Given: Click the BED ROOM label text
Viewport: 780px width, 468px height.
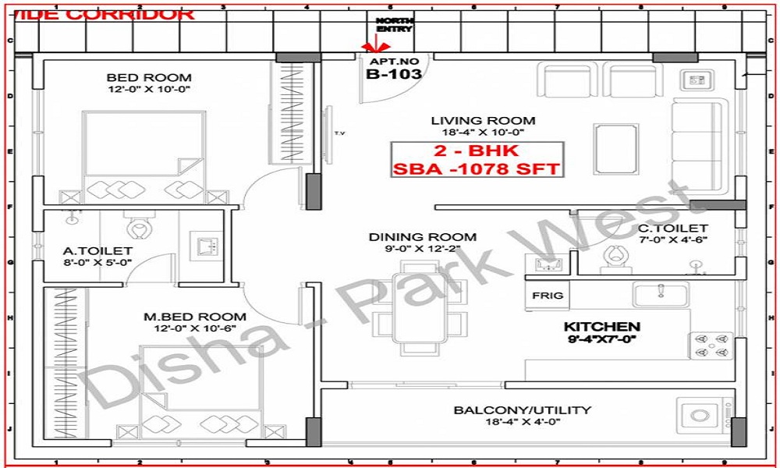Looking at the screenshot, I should tap(149, 77).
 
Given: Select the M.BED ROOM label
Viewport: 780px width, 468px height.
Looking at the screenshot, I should tap(195, 317).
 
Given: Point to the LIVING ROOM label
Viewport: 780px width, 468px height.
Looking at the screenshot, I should tap(484, 121).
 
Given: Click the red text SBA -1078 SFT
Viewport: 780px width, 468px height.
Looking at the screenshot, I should tap(477, 168).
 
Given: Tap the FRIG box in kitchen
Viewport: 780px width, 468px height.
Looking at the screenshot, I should tap(547, 296).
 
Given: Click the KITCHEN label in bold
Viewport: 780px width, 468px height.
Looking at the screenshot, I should tap(602, 326).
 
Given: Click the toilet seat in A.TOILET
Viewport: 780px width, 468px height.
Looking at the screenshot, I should tap(140, 228).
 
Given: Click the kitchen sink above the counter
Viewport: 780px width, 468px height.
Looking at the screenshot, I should tap(660, 294).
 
